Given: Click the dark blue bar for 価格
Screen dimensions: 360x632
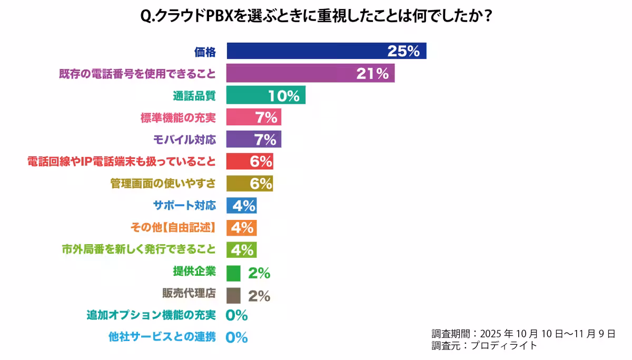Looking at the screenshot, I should [x=305, y=51].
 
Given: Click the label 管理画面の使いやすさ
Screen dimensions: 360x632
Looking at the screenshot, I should [x=163, y=184].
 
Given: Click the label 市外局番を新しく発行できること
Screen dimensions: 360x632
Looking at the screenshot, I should [x=139, y=249].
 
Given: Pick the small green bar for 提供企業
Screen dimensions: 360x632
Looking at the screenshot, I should [x=233, y=273].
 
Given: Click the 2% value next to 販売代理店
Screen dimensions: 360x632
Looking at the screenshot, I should [x=259, y=296].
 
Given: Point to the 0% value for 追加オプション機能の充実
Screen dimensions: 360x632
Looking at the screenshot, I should [x=236, y=315].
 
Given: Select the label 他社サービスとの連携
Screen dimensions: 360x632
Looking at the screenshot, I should [x=162, y=337].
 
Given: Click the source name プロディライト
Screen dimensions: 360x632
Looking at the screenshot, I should [x=503, y=346].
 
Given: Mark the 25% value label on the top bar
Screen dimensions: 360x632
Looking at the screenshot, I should [x=403, y=52].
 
